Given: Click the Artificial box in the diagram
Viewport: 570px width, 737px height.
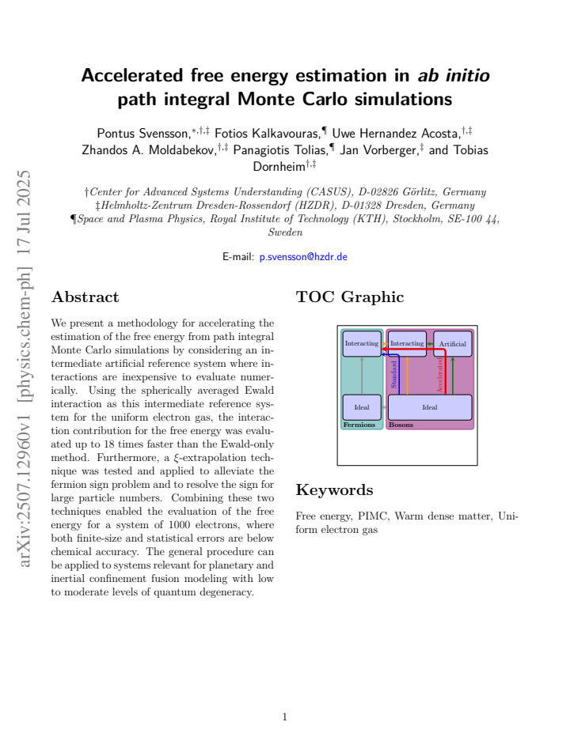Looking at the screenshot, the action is pos(452,343).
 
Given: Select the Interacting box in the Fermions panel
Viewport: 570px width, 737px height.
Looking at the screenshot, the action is pos(362,343).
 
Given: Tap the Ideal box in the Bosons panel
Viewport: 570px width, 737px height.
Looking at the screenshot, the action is pos(430,407).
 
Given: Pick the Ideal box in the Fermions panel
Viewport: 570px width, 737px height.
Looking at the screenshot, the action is pos(362,407).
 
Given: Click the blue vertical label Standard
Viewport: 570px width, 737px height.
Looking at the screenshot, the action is pos(394,375).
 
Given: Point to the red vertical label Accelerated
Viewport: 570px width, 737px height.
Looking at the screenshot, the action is pos(439,375).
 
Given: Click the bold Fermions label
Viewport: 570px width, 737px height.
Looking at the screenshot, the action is pos(359,425).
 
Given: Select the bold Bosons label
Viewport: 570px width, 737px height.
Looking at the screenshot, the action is pos(401,425).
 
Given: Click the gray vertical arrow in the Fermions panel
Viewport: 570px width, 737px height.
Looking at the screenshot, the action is pos(362,376).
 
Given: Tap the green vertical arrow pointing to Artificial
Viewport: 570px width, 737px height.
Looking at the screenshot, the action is pos(452,376).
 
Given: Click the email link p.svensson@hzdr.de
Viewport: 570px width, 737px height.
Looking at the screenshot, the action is pos(303,257).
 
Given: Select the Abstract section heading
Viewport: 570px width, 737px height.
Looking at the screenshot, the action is pos(85,297).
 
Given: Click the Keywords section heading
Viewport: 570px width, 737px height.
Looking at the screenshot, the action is pos(334,490).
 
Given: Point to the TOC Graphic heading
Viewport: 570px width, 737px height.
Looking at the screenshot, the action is pos(350,297).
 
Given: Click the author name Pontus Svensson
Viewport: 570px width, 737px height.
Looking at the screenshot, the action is pos(143,134).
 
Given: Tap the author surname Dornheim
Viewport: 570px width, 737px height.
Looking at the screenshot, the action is pos(279,166).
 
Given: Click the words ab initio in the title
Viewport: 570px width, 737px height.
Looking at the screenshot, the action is pos(454,75).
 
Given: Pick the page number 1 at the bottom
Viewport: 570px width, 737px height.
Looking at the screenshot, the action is pos(285,716).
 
